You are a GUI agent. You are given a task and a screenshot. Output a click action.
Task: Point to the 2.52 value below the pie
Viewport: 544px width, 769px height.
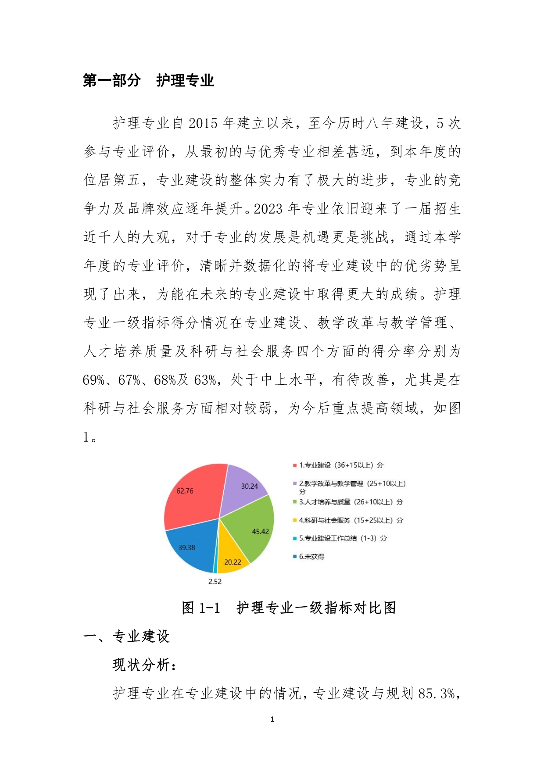[215, 582]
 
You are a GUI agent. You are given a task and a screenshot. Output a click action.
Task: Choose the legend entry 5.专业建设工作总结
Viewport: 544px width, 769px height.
[343, 538]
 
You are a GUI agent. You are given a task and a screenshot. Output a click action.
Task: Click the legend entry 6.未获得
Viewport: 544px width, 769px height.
[311, 557]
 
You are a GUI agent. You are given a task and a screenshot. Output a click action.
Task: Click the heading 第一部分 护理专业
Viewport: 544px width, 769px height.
[148, 80]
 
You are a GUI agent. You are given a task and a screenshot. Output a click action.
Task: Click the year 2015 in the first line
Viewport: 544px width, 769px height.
[203, 123]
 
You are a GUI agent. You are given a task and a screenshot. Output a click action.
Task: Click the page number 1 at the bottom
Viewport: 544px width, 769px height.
[272, 719]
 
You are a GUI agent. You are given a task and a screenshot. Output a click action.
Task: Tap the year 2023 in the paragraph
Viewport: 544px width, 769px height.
[268, 209]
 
